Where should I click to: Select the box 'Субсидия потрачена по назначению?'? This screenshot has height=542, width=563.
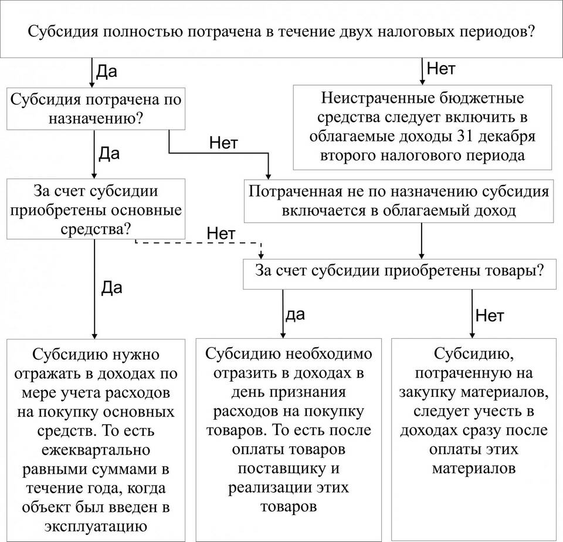pyautogui.click(x=96, y=109)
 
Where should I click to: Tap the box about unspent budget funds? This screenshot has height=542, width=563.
pyautogui.click(x=422, y=127)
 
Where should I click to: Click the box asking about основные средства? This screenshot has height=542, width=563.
pyautogui.click(x=96, y=209)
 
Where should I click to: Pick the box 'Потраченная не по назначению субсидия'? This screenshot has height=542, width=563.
pyautogui.click(x=399, y=201)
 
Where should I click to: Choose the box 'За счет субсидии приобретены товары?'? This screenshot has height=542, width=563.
pyautogui.click(x=399, y=274)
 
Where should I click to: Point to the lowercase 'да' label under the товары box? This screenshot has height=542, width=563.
pyautogui.click(x=295, y=315)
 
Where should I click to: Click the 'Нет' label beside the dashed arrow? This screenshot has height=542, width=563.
pyautogui.click(x=221, y=234)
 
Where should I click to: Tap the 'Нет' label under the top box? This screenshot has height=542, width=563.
pyautogui.click(x=441, y=68)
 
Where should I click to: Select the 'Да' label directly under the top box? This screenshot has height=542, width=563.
pyautogui.click(x=106, y=71)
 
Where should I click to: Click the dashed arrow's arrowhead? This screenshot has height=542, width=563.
pyautogui.click(x=261, y=255)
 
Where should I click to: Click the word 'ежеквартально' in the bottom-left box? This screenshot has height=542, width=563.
pyautogui.click(x=96, y=450)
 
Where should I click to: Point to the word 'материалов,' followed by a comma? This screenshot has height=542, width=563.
pyautogui.click(x=474, y=392)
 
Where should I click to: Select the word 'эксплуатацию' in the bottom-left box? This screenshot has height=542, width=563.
pyautogui.click(x=96, y=527)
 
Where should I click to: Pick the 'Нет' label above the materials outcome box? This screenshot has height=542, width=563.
pyautogui.click(x=489, y=315)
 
